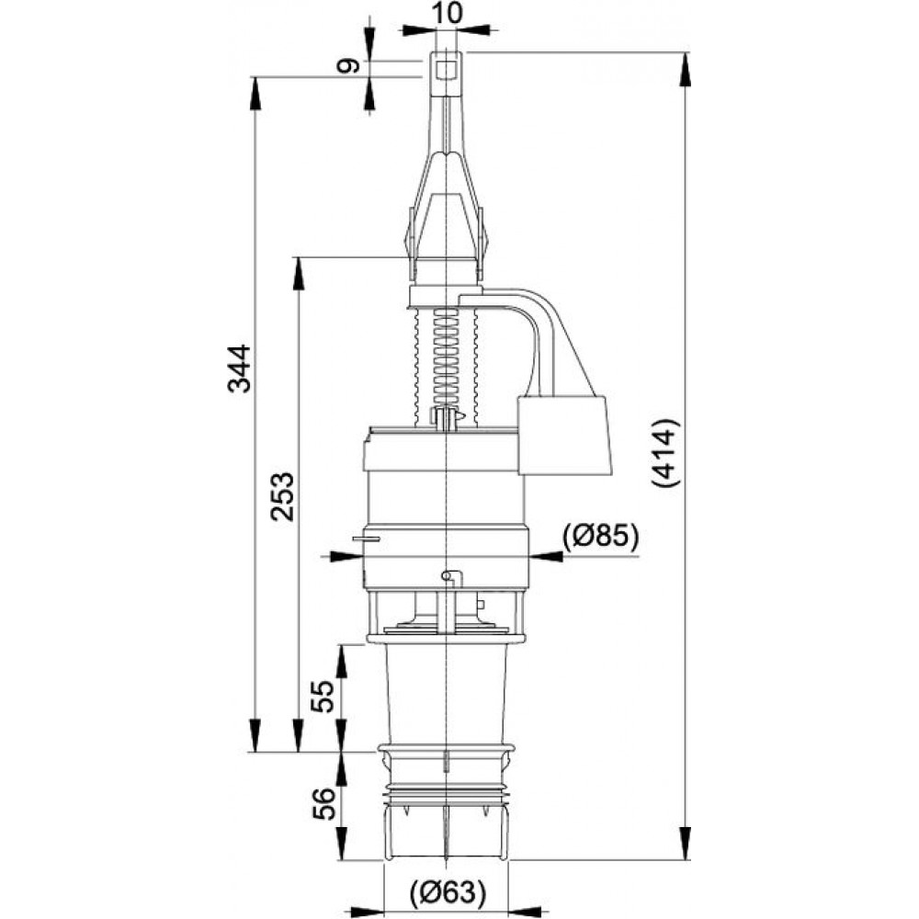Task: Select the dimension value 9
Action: point(348,65)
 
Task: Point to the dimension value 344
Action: point(239,369)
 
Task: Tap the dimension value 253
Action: point(282,496)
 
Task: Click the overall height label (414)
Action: point(666,453)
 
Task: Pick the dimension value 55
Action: point(323,696)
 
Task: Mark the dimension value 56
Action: point(323,804)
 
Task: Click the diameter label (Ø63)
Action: point(448,892)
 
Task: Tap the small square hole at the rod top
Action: point(448,71)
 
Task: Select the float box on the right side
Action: point(564,435)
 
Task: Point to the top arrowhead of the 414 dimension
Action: point(684,69)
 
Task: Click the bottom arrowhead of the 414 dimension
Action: point(684,844)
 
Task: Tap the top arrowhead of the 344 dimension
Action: point(255,93)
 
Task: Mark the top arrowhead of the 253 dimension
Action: point(299,273)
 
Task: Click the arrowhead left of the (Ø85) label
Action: point(546,556)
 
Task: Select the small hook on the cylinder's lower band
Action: point(452,577)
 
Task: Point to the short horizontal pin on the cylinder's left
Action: point(366,538)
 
